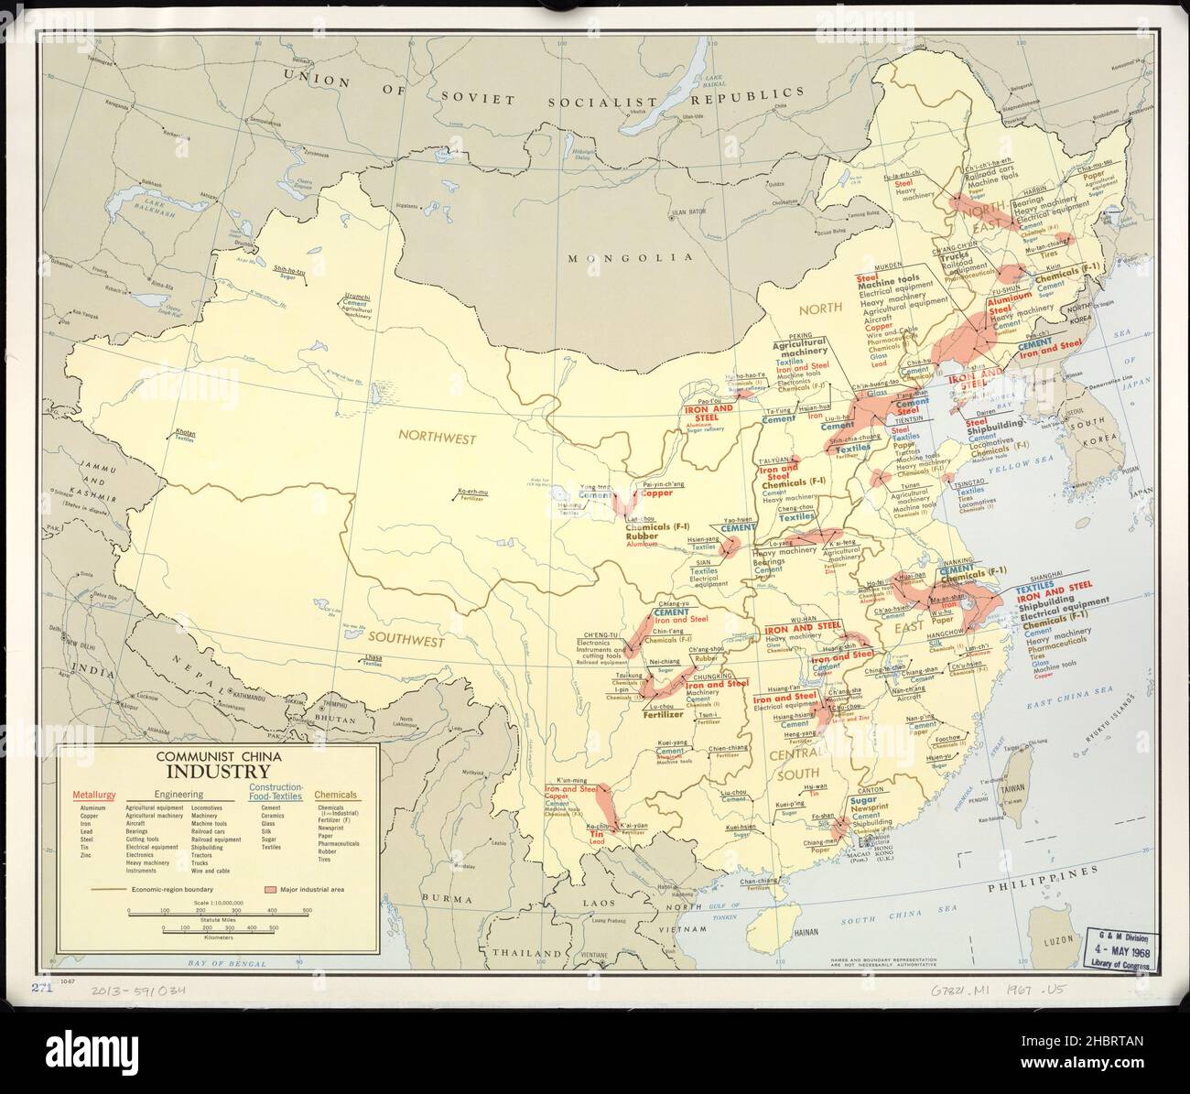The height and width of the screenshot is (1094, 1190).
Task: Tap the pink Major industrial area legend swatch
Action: click(270, 888)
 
